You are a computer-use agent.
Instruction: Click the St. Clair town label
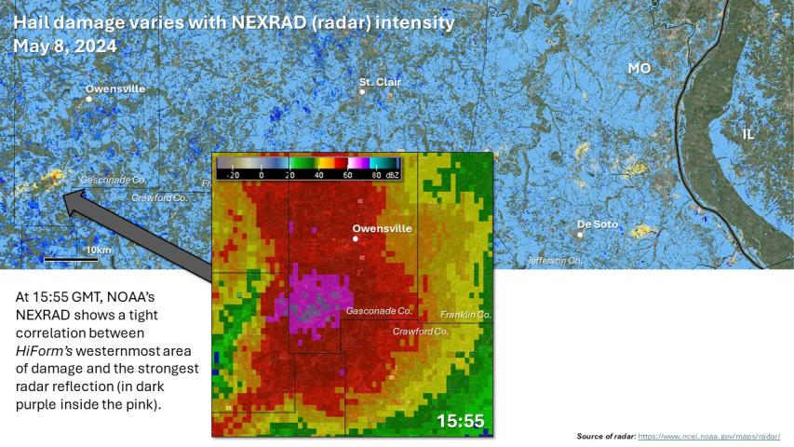tap(380, 82)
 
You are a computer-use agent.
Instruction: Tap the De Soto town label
tap(598, 223)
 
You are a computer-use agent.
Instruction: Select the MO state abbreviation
tap(639, 69)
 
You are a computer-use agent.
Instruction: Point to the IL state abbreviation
tap(748, 134)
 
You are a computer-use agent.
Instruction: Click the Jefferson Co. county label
tap(555, 261)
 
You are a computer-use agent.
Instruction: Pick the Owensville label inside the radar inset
tap(382, 228)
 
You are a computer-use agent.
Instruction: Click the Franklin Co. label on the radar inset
tap(465, 315)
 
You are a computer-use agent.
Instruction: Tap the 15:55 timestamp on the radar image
tap(461, 421)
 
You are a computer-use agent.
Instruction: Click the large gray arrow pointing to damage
tap(140, 233)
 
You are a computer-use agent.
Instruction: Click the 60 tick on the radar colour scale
tap(347, 174)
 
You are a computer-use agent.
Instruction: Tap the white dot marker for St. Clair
tap(363, 92)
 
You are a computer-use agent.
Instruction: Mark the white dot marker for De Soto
tap(580, 235)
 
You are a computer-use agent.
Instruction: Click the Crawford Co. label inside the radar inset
tap(421, 331)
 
